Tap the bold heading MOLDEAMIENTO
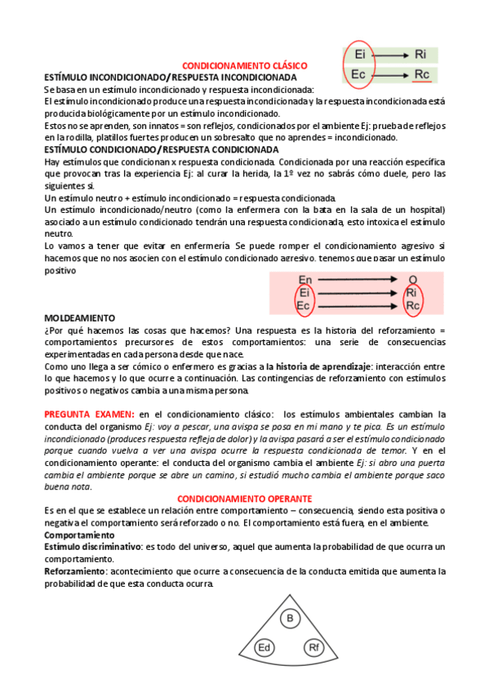click(x=79, y=317)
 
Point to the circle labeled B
click(x=289, y=620)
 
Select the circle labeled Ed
click(x=264, y=649)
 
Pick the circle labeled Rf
click(x=314, y=649)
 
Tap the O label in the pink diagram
click(x=413, y=279)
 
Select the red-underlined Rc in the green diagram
click(x=420, y=75)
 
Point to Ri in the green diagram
click(x=420, y=55)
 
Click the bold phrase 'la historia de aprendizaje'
click(x=318, y=368)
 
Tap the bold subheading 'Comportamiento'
click(x=79, y=535)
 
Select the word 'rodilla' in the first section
click(x=92, y=137)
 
